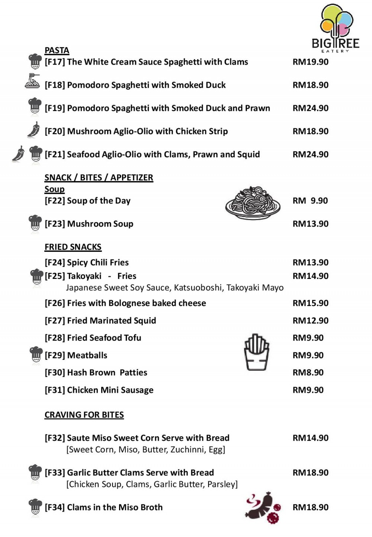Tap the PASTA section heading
tap(57, 50)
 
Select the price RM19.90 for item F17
tap(310, 62)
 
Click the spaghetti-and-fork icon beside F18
tap(32, 81)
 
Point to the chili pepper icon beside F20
tap(33, 130)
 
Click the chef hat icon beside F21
tap(35, 154)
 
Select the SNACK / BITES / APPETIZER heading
tap(99, 177)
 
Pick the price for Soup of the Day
tap(310, 201)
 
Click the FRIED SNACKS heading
tap(73, 247)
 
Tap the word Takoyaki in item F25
tap(84, 276)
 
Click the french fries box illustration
tap(256, 352)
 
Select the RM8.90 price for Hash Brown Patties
tap(308, 372)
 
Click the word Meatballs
tap(87, 355)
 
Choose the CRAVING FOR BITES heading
tap(84, 415)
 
